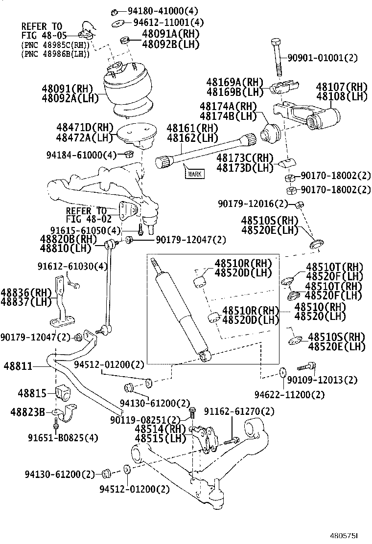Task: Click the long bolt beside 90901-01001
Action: pyautogui.click(x=277, y=58)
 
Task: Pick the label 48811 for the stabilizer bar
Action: pyautogui.click(x=18, y=366)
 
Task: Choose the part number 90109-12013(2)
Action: pyautogui.click(x=323, y=380)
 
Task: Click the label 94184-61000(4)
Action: pyautogui.click(x=81, y=155)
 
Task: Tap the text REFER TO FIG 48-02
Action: pyautogui.click(x=86, y=215)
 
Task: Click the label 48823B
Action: pyautogui.click(x=28, y=412)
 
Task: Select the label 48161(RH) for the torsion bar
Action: pyautogui.click(x=192, y=129)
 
